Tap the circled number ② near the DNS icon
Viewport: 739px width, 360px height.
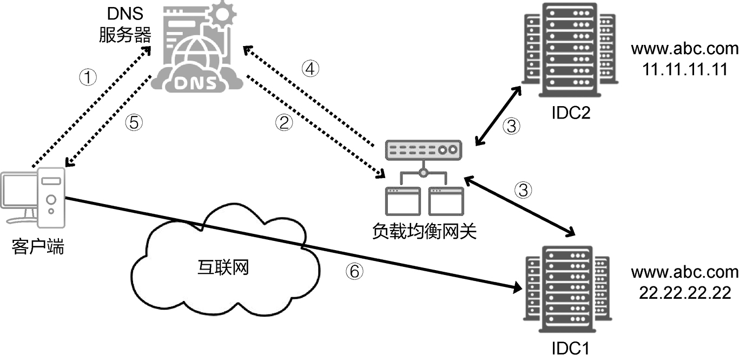point(284,123)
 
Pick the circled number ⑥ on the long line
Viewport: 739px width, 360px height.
point(354,271)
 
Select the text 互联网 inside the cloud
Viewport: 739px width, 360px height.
point(223,267)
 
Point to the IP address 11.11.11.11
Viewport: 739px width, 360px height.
point(684,69)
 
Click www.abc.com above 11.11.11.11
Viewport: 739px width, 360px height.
point(684,49)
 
